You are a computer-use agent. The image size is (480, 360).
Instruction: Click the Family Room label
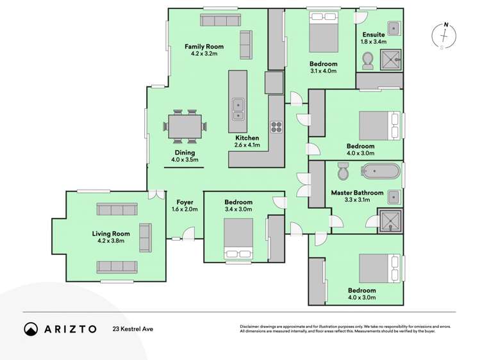point(204,47)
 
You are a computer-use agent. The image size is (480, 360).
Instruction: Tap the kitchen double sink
point(238,109)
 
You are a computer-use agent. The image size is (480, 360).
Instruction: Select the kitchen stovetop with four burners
point(276,126)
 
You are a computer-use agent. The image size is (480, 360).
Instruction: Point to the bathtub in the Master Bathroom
point(381,172)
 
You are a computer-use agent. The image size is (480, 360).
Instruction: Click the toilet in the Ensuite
point(368,61)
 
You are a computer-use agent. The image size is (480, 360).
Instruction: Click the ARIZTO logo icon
point(31,329)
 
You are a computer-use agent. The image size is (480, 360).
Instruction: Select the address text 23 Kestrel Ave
point(133,329)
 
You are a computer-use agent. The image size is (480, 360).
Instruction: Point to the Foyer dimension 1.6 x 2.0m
point(185,209)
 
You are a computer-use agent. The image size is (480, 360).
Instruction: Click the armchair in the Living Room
point(145,238)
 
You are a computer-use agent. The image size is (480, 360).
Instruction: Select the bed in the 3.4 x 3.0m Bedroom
point(238,240)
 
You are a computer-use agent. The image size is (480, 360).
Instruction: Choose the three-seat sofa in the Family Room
point(219,20)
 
